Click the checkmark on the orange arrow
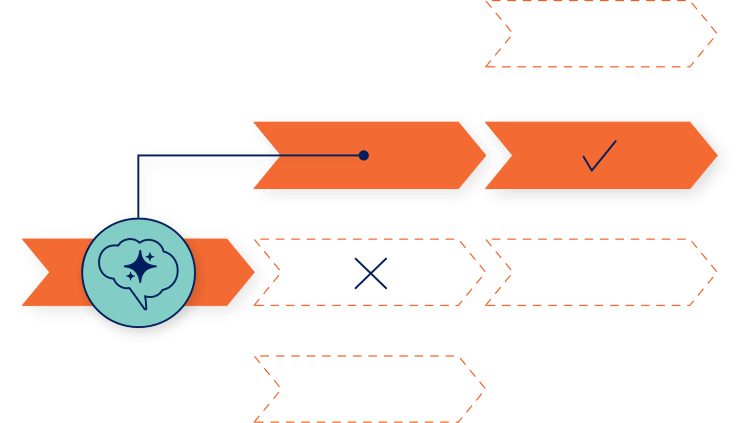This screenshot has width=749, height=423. click(599, 156)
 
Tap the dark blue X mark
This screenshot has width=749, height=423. click(371, 273)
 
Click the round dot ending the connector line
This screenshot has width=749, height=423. click(363, 156)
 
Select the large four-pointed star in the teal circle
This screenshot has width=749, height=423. click(140, 266)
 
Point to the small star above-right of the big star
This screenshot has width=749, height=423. click(150, 256)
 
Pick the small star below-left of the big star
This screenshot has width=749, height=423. click(130, 276)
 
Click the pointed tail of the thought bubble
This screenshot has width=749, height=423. click(143, 305)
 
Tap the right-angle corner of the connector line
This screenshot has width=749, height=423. click(138, 156)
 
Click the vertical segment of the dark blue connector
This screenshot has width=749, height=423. click(138, 188)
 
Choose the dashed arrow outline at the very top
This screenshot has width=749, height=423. click(600, 33)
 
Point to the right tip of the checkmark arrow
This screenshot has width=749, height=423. click(716, 156)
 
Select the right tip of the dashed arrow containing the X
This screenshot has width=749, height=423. click(484, 272)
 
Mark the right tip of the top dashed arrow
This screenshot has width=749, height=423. click(716, 33)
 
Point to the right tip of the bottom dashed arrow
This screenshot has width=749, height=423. click(484, 389)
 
